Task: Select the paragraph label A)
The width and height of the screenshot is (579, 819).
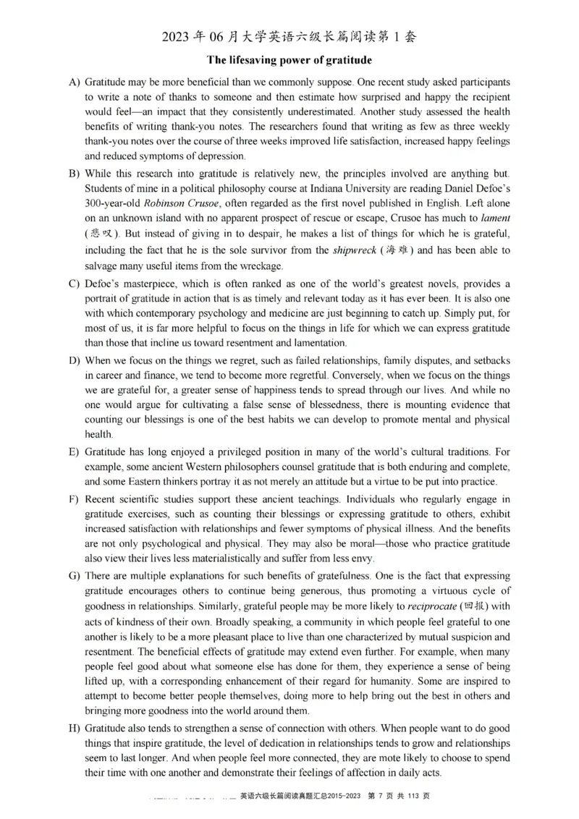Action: (x=74, y=82)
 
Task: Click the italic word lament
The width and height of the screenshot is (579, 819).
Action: (x=496, y=217)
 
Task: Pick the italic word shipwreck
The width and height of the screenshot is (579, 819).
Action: (x=355, y=250)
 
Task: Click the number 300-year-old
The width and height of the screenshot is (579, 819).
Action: (x=113, y=203)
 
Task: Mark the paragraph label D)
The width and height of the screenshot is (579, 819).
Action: (x=74, y=360)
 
